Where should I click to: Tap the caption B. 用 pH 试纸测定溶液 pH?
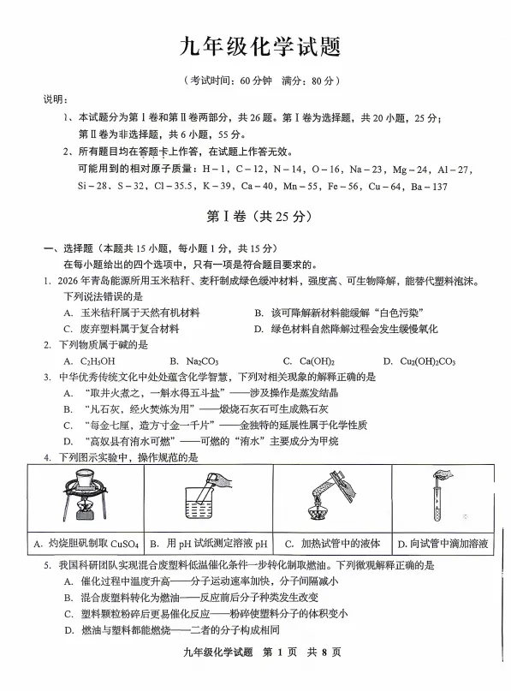click(209, 543)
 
